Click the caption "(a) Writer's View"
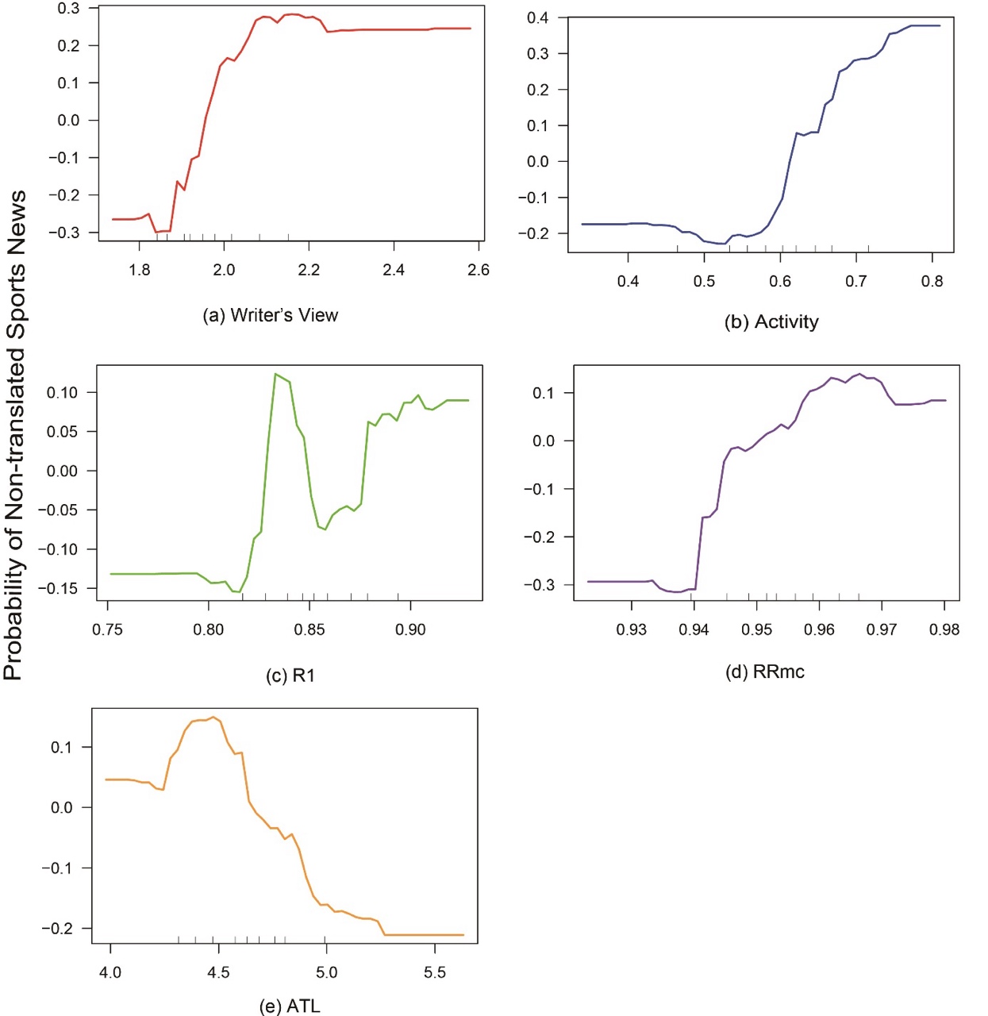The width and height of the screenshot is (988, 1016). pyautogui.click(x=271, y=315)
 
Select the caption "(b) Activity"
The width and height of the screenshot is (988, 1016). pyautogui.click(x=771, y=321)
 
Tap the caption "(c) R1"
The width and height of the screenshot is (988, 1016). pyautogui.click(x=290, y=675)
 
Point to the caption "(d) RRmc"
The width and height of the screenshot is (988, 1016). pyautogui.click(x=765, y=672)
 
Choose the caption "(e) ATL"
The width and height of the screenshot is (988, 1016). pyautogui.click(x=290, y=1006)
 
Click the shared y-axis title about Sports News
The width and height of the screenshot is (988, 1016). pyautogui.click(x=15, y=435)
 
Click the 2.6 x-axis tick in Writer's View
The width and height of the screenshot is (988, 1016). pyautogui.click(x=479, y=270)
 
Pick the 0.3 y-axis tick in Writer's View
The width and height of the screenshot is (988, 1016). pyautogui.click(x=69, y=9)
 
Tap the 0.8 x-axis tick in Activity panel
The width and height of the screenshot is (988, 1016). pyautogui.click(x=932, y=281)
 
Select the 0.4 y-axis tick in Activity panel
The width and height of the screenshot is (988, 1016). pyautogui.click(x=537, y=18)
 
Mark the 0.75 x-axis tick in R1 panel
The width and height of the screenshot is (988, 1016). pyautogui.click(x=108, y=629)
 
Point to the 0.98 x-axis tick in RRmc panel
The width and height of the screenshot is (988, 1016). pyautogui.click(x=944, y=629)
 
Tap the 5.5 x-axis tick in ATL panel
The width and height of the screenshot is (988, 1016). pyautogui.click(x=435, y=972)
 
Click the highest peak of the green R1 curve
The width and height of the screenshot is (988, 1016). pyautogui.click(x=275, y=374)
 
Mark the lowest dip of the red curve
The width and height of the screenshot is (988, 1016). pyautogui.click(x=156, y=233)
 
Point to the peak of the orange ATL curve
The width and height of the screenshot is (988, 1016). pyautogui.click(x=213, y=717)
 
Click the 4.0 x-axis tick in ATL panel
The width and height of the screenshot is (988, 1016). pyautogui.click(x=110, y=972)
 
